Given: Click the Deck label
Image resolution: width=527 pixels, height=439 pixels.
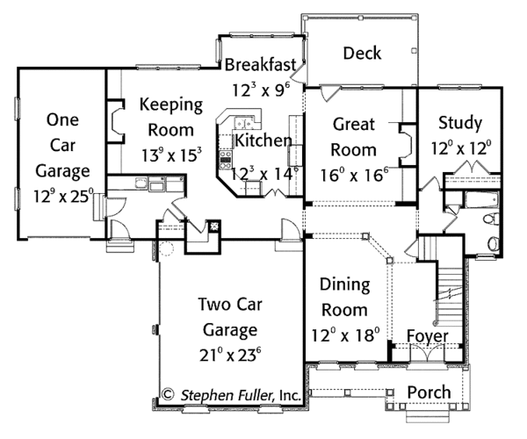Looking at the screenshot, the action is (x=362, y=53).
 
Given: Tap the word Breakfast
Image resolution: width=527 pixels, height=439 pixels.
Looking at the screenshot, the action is (x=261, y=64).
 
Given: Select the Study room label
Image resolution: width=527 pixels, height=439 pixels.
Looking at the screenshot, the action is (x=460, y=123).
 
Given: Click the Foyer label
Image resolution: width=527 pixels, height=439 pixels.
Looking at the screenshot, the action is (x=428, y=336).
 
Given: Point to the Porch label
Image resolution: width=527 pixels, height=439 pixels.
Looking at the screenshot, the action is (x=430, y=392).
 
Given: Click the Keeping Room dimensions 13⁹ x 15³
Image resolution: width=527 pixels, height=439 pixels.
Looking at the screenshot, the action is (x=171, y=155).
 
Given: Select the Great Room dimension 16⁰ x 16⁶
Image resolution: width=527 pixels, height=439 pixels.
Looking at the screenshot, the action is (x=354, y=175).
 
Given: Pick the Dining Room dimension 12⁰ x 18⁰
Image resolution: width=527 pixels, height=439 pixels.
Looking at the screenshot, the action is (x=345, y=335).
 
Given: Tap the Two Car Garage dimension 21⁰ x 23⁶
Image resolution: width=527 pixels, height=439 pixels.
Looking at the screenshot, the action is (x=230, y=355).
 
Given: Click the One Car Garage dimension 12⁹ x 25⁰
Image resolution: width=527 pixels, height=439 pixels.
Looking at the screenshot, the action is (x=63, y=196).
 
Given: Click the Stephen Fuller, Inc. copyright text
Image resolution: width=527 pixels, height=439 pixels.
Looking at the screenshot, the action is (x=232, y=395).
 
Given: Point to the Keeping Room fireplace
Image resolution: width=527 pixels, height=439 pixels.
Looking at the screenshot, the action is (x=116, y=121).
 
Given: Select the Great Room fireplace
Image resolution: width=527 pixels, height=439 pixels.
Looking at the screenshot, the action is (x=408, y=145).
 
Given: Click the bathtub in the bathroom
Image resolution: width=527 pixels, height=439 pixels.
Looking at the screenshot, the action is (x=481, y=200).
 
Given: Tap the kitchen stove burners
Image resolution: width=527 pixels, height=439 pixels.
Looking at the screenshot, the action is (x=226, y=161).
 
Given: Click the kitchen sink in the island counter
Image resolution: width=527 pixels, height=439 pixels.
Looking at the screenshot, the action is (x=244, y=122).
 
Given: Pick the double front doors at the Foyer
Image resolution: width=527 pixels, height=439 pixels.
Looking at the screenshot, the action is (x=427, y=353).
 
